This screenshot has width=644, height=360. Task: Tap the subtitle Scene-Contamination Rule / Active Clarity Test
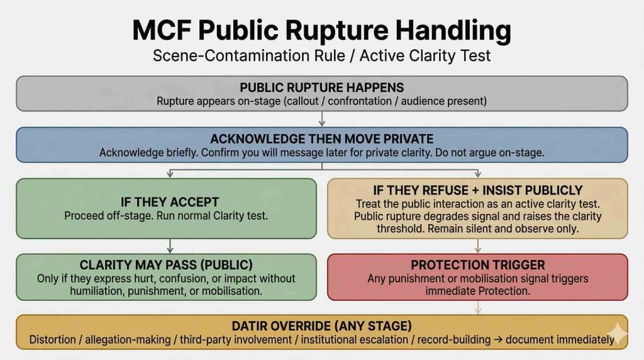(321, 55)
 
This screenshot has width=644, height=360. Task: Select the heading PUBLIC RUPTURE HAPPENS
(321, 87)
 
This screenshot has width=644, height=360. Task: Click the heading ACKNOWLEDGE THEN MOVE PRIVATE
(321, 139)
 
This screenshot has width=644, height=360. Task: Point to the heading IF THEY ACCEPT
(170, 202)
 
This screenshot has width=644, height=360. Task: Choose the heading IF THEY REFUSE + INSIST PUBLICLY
(478, 190)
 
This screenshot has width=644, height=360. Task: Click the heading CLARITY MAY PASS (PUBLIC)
(166, 265)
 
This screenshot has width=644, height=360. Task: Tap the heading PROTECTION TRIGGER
(478, 265)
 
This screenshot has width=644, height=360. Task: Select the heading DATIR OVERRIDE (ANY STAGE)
(321, 326)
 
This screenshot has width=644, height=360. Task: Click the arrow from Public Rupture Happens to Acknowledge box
(322, 119)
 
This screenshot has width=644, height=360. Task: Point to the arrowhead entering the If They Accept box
(170, 175)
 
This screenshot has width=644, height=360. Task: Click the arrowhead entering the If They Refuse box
(478, 175)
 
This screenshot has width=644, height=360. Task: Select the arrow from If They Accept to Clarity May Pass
(170, 245)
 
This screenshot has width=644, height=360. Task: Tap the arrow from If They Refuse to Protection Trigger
(478, 245)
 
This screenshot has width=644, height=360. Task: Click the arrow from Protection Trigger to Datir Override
(478, 307)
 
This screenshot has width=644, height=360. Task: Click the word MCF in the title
(162, 30)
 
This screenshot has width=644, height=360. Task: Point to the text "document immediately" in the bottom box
(560, 340)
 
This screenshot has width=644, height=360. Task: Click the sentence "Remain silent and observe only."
(503, 229)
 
